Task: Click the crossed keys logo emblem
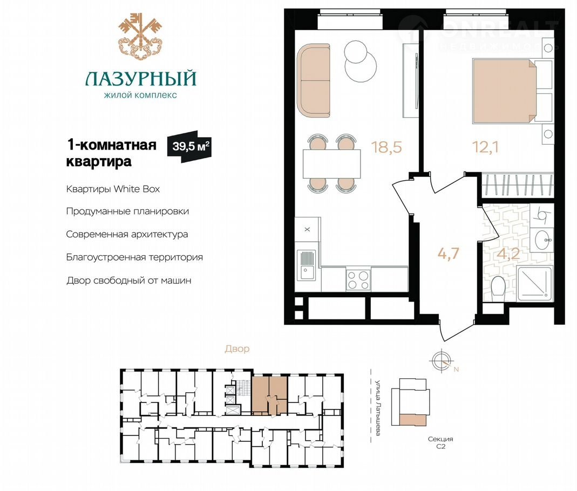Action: (x=140, y=36)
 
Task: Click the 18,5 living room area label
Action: (x=386, y=147)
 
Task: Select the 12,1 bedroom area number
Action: (x=485, y=147)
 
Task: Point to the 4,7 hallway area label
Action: (x=448, y=254)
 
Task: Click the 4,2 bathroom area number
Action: (x=508, y=254)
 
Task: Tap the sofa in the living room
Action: (x=314, y=81)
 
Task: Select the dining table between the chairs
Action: (x=331, y=163)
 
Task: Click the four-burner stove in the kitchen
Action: (x=358, y=280)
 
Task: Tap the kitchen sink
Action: (x=306, y=265)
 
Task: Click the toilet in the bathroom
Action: (x=499, y=289)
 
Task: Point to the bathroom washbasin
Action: (x=542, y=240)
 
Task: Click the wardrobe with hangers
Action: (x=518, y=186)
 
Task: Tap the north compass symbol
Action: (x=442, y=361)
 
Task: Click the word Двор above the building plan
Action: (x=237, y=349)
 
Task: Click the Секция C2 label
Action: (x=440, y=443)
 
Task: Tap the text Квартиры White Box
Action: (x=113, y=189)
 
